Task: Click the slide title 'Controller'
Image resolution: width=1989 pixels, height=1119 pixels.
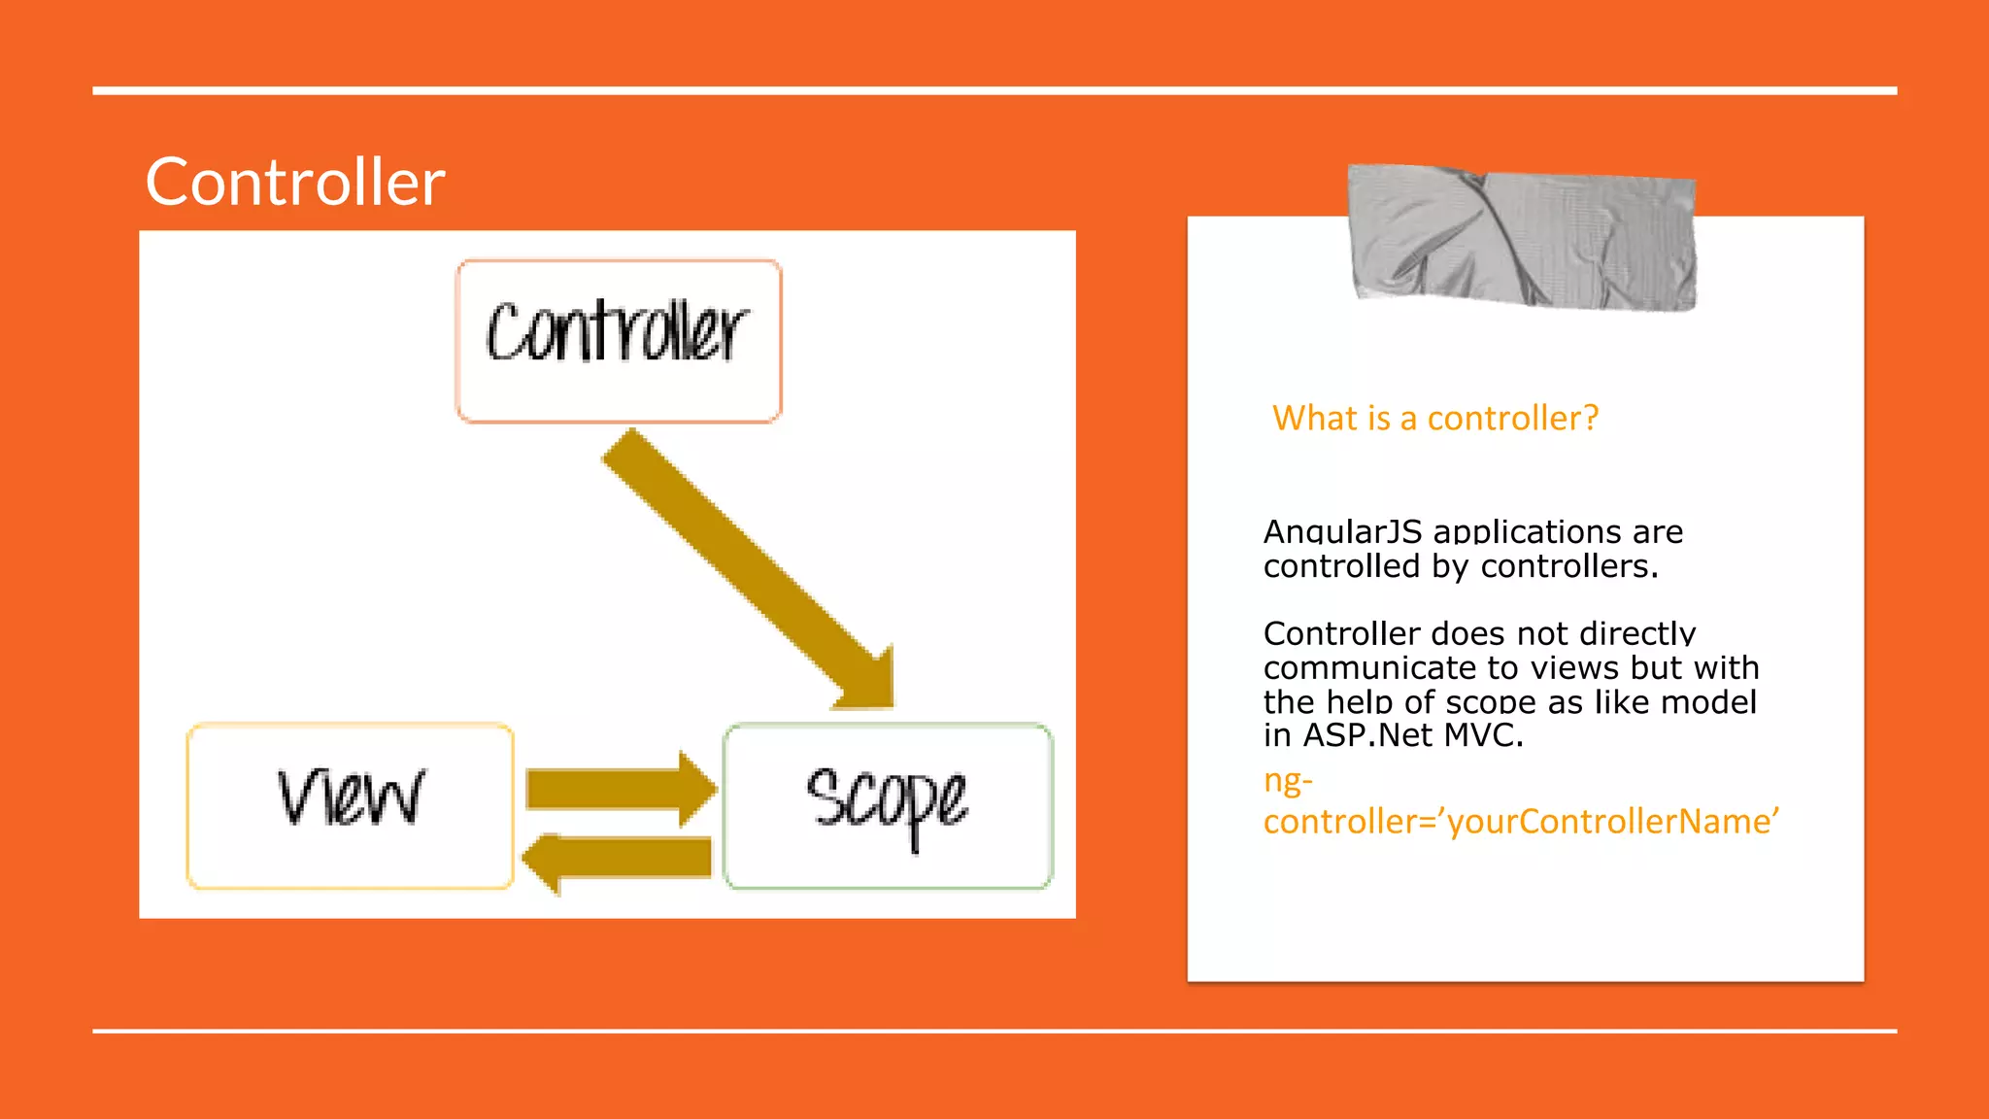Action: pos(295,183)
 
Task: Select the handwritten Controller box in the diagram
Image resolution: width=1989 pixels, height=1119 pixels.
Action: pos(619,340)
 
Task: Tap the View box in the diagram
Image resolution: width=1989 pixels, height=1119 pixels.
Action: pos(350,805)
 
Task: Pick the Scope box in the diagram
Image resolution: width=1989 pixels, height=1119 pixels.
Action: pos(888,805)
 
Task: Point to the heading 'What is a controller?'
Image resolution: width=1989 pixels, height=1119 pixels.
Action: pos(1434,419)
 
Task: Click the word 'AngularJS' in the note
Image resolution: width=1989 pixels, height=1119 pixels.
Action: pos(1342,532)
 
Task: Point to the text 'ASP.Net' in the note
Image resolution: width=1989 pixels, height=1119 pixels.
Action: pos(1367,735)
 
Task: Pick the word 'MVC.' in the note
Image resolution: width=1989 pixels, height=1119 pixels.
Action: pos(1483,735)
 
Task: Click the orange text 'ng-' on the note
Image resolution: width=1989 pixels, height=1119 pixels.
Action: pos(1288,780)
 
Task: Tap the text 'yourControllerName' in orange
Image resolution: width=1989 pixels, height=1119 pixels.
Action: pos(1609,822)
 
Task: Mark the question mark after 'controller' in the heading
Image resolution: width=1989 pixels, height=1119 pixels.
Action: pos(1590,419)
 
